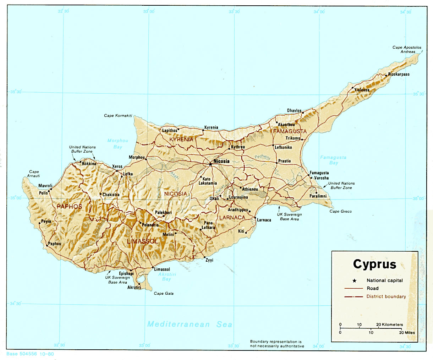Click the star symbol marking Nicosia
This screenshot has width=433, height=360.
click(x=210, y=164)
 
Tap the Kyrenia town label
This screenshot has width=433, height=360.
click(x=212, y=127)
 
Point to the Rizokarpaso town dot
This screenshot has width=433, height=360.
click(x=386, y=75)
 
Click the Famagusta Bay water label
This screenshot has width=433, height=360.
click(x=333, y=160)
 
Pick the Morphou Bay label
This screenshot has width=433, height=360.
click(x=117, y=144)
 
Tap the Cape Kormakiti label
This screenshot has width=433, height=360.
click(x=118, y=116)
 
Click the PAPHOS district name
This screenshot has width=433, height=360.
click(x=70, y=207)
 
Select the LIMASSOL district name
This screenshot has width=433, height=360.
click(x=143, y=241)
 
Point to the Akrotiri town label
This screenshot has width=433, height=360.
click(x=134, y=287)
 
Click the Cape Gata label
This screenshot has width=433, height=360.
click(x=164, y=294)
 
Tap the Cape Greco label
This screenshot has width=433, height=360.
click(x=340, y=211)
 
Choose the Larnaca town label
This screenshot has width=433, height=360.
click(x=264, y=220)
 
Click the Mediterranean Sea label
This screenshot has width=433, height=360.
click(x=190, y=324)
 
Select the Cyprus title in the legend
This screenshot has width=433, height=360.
click(x=374, y=264)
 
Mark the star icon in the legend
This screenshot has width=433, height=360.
click(x=354, y=280)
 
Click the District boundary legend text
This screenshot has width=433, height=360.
click(x=386, y=296)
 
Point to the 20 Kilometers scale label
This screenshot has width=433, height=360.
click(x=389, y=324)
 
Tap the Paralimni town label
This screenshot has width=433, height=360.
click(x=318, y=196)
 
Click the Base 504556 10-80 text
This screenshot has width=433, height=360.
click(x=30, y=354)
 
